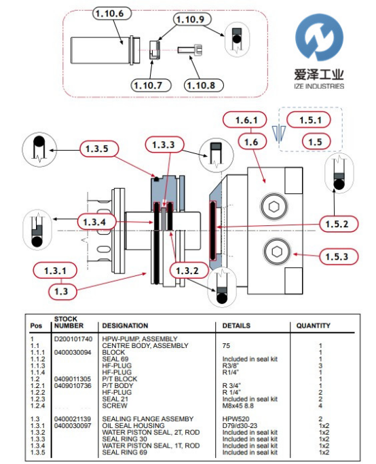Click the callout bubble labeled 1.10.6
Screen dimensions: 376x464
point(112,14)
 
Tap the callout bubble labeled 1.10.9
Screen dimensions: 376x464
point(192,20)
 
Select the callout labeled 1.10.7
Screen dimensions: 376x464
point(151,85)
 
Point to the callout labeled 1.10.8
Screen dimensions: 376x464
point(204,85)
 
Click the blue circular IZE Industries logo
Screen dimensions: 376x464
point(319,37)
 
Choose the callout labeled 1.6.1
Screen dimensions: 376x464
point(244,120)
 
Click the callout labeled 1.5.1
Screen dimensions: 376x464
point(309,120)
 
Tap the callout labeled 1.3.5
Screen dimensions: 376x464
point(99,149)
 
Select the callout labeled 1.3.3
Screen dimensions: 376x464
point(164,144)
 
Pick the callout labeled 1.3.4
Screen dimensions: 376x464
point(96,222)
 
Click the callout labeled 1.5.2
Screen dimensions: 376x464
point(339,224)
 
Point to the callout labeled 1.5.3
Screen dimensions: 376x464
point(339,256)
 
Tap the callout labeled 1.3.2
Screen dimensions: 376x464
point(189,271)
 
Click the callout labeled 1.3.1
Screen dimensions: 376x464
point(55,271)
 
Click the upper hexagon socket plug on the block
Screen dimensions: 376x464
point(274,206)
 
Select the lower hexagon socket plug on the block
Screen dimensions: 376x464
point(276,252)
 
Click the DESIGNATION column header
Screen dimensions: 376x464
point(125,326)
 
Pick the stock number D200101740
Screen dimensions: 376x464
point(73,339)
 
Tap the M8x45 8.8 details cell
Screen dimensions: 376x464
point(238,406)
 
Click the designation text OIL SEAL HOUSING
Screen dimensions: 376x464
point(133,425)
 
